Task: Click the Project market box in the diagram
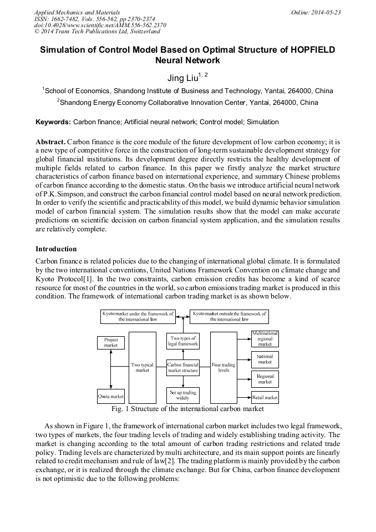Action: (111, 342)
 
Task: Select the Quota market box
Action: (111, 396)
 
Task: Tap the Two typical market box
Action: (143, 367)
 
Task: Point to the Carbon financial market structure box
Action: (183, 367)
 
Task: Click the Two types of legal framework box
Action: (183, 341)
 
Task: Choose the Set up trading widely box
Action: (183, 395)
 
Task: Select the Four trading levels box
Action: (223, 367)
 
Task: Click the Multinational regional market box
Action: (265, 338)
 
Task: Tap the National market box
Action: (265, 359)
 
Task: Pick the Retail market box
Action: (265, 397)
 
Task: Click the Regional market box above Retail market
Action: (265, 379)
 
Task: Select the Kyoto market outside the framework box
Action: (229, 316)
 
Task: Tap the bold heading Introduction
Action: (56, 249)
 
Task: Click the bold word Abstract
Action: (50, 141)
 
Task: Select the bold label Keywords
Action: (53, 121)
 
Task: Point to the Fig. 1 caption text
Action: (187, 409)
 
